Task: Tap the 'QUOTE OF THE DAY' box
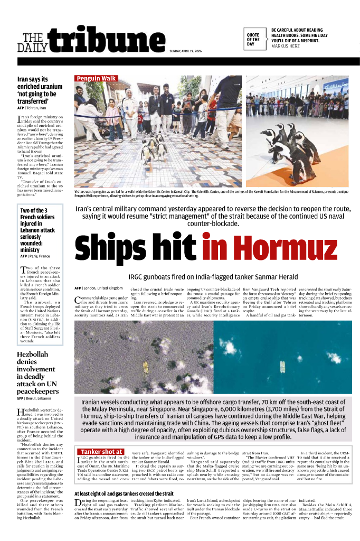coord(253,39)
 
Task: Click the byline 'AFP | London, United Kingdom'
coord(99,288)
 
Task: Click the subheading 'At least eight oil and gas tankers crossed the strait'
coord(124,493)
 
